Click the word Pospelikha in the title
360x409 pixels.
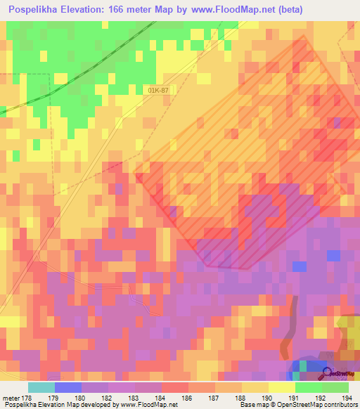(x=34, y=10)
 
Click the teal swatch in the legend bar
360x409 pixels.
(x=41, y=387)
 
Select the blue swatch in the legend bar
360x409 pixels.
(x=67, y=387)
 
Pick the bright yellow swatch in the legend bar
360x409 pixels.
(x=282, y=387)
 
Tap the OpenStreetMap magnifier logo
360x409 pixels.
(x=325, y=373)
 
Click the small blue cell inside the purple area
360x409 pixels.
(x=300, y=266)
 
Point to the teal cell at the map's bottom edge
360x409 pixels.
(x=303, y=366)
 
